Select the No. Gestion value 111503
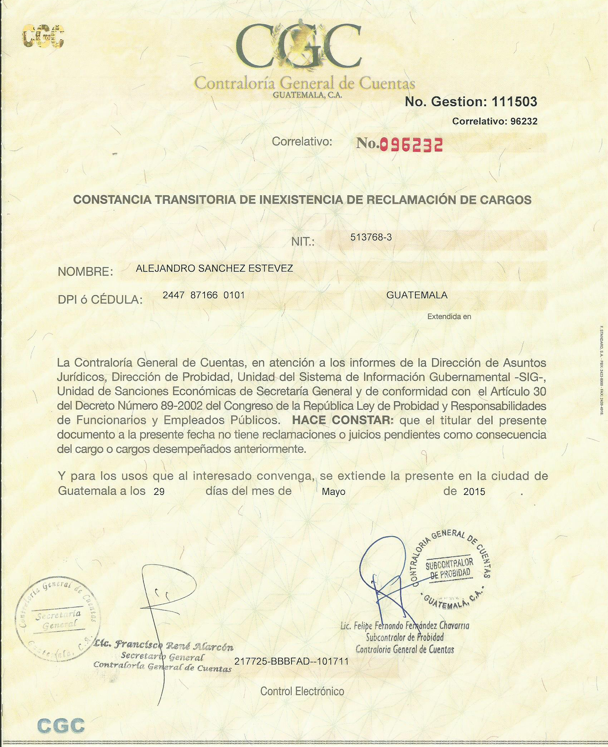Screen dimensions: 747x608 click(514, 102)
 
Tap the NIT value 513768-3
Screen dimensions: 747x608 click(371, 237)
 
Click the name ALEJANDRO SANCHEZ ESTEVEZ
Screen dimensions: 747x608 click(214, 268)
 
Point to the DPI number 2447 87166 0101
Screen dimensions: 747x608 click(204, 295)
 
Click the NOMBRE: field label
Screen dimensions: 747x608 click(85, 272)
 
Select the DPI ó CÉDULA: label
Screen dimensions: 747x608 click(100, 300)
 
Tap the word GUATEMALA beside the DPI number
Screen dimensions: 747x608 click(417, 295)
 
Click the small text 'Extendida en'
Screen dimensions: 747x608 click(449, 316)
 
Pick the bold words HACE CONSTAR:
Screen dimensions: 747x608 click(343, 420)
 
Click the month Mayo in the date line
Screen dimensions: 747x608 click(333, 492)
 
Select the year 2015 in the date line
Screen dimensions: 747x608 click(474, 492)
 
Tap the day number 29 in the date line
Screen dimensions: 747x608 click(159, 492)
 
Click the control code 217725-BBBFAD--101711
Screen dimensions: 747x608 click(291, 661)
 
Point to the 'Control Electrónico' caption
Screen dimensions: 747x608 click(302, 691)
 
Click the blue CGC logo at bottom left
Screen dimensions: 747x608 click(61, 726)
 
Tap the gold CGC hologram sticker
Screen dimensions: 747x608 click(43, 36)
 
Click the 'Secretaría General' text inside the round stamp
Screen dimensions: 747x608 click(58, 620)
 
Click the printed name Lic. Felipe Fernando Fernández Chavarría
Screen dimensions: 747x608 click(404, 626)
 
